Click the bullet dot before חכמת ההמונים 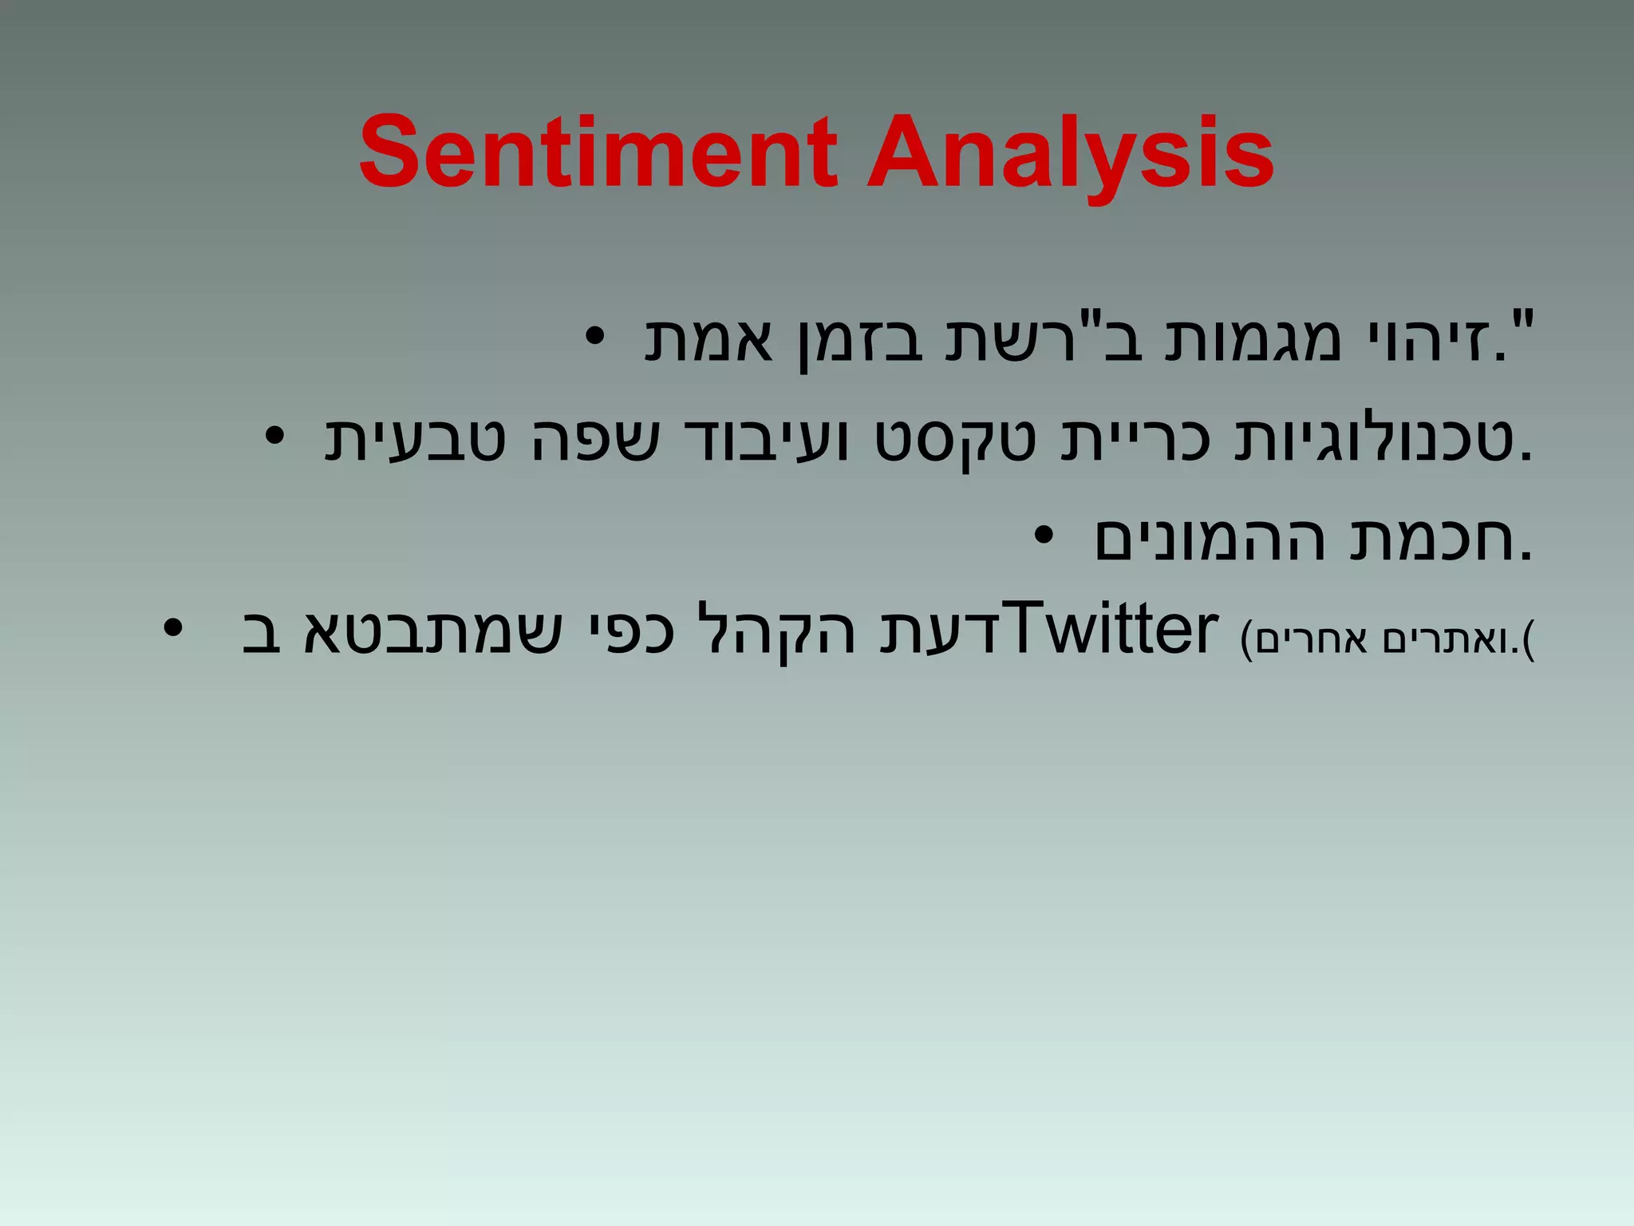coord(1044,536)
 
